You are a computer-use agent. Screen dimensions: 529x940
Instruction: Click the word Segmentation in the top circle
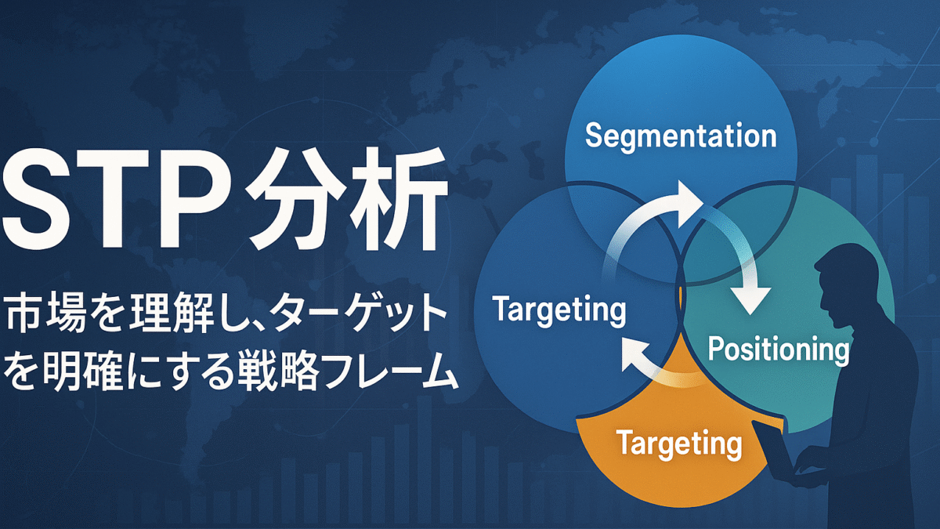[x=681, y=136]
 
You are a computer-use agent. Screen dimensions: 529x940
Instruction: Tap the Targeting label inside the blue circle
[x=559, y=310]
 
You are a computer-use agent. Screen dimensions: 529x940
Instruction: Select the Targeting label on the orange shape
[x=678, y=444]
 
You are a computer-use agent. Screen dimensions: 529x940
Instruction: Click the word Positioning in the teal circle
[x=778, y=350]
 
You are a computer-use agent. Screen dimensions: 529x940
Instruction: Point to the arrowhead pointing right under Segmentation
[x=689, y=197]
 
